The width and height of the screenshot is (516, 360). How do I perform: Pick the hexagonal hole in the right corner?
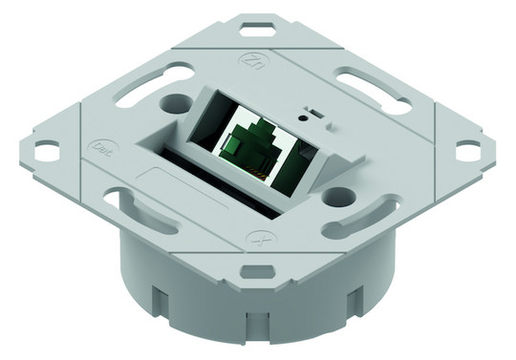click(x=467, y=149)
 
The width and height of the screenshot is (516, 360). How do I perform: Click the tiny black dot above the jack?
click(x=304, y=118)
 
